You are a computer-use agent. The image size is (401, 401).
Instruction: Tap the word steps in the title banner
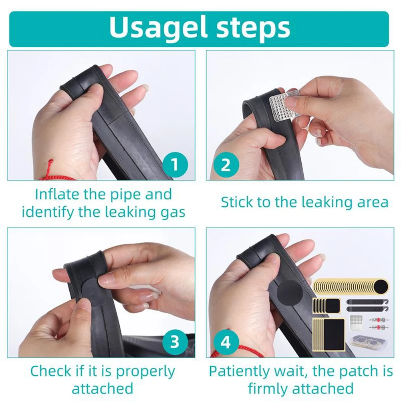click(254, 28)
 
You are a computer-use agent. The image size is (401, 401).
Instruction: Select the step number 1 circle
click(175, 165)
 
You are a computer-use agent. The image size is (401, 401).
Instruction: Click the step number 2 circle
click(226, 165)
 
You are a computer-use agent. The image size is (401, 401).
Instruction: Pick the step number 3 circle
click(175, 342)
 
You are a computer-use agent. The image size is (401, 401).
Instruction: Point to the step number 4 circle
click(226, 342)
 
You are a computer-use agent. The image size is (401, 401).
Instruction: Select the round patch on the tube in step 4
click(290, 294)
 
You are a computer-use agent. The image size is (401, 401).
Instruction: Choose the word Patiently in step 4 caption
click(239, 371)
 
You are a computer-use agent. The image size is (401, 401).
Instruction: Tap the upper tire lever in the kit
click(367, 302)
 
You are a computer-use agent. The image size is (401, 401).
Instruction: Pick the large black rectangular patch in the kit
click(334, 334)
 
